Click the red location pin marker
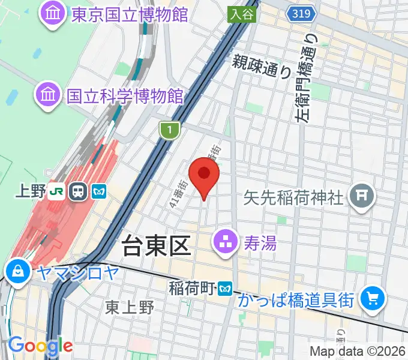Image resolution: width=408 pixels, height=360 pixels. pos(204,175)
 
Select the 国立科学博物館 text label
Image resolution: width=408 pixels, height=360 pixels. pos(125,96)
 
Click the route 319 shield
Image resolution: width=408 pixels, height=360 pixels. pos(298,13)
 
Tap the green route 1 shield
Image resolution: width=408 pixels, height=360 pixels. pos(170,129)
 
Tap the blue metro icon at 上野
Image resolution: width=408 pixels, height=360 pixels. pos(98,192)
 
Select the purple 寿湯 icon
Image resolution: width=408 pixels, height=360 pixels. pos(226,244)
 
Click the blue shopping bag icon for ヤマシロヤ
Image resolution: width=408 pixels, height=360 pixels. pos(19,271)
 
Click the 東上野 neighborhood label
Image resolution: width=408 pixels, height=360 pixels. pos(130,308)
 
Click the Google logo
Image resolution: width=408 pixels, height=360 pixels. pos(40,346)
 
